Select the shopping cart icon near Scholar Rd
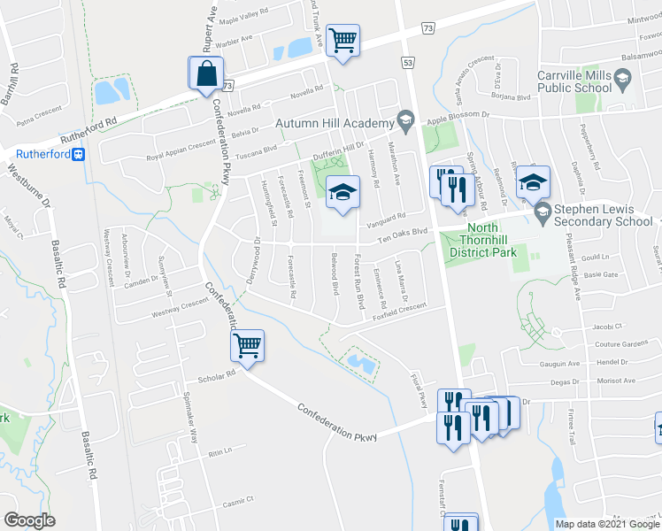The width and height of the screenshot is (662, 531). [x=248, y=345]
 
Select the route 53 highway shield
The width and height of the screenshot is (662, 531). [x=408, y=63]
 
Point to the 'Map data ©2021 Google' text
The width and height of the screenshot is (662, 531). [x=606, y=524]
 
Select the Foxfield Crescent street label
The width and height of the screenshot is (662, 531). [x=399, y=311]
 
